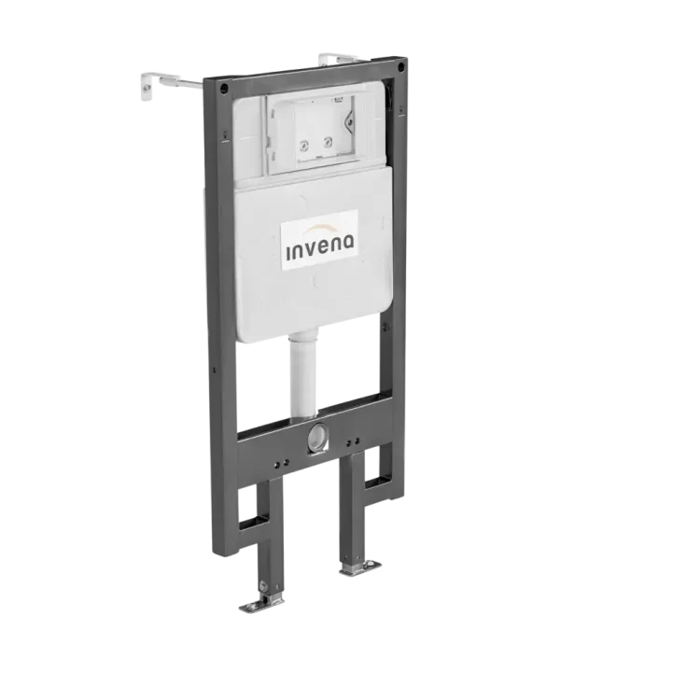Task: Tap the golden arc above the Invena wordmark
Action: [x=320, y=228]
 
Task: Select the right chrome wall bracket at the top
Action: [x=337, y=59]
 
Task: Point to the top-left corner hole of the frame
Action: [x=224, y=87]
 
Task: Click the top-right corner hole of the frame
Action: [x=401, y=67]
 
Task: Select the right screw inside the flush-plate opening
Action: [x=329, y=143]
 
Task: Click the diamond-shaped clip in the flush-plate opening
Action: [x=349, y=120]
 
